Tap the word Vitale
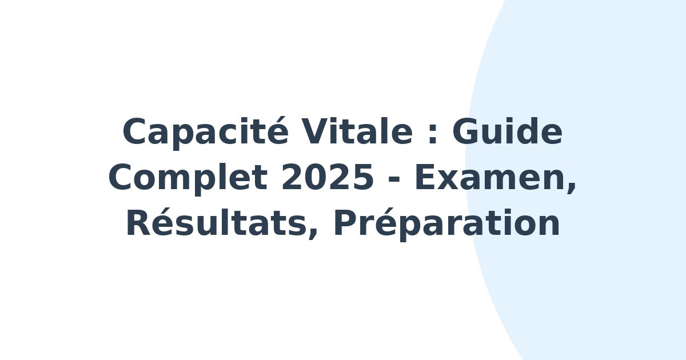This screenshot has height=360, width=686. (x=357, y=131)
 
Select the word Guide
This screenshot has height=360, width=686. (x=507, y=131)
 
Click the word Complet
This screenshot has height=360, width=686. (x=188, y=178)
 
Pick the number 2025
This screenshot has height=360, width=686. (x=327, y=177)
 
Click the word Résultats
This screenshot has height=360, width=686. (x=216, y=222)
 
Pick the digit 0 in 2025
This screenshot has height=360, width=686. (x=316, y=177)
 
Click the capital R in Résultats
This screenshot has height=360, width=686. (x=139, y=222)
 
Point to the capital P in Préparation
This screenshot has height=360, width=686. (x=346, y=222)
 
